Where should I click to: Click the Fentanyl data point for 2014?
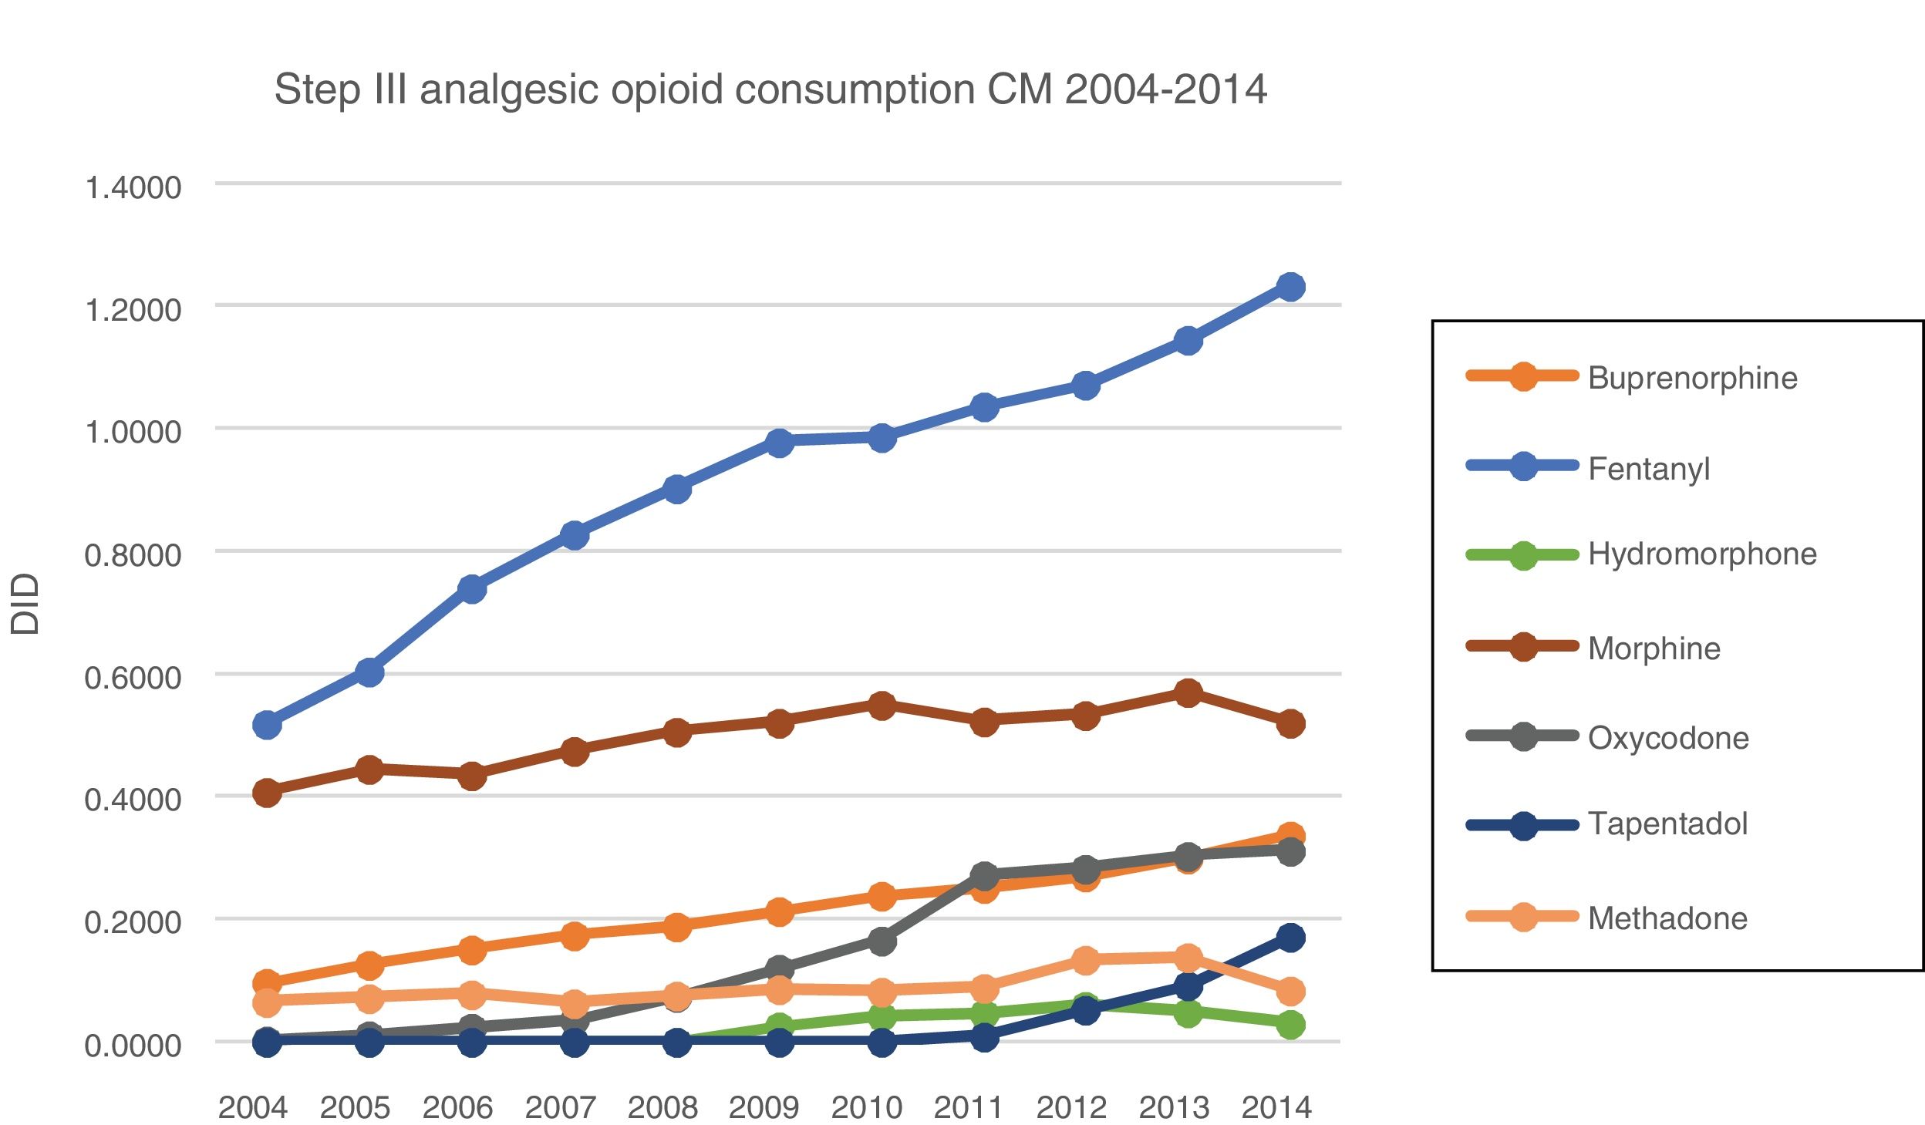coord(1290,287)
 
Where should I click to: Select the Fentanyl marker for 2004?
coord(267,724)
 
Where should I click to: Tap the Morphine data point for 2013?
coord(1188,692)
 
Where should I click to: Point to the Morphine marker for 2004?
coord(267,792)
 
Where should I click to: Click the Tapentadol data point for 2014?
coord(1290,938)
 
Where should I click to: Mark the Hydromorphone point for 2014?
coord(1290,1025)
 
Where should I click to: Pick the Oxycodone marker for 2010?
coord(882,940)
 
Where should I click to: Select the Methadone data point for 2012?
coord(1085,960)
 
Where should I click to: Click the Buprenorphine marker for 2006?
coord(472,949)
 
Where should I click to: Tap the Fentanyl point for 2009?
coord(779,442)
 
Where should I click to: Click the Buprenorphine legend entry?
coord(1691,378)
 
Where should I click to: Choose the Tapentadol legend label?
coord(1667,824)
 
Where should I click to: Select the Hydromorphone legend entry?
coord(1701,554)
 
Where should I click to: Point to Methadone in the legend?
coord(1667,918)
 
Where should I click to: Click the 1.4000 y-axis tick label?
coord(133,187)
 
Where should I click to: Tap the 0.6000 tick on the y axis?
coord(133,678)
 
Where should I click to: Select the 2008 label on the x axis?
coord(662,1107)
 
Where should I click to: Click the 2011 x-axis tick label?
coord(969,1107)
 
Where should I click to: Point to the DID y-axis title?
coord(25,604)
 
